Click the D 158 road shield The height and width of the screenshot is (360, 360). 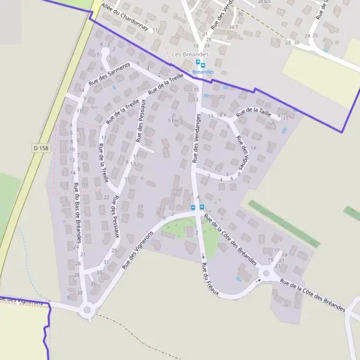[41, 148]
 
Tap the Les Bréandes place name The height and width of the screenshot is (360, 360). [185, 55]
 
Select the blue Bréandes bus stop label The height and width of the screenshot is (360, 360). [203, 71]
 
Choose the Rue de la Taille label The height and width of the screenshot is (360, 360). [254, 112]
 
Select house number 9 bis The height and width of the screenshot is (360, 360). [174, 120]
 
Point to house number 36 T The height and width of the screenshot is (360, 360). [233, 27]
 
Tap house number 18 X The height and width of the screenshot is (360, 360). [221, 115]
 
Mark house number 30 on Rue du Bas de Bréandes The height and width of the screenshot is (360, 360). [80, 293]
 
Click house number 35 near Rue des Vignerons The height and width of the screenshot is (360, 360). [93, 283]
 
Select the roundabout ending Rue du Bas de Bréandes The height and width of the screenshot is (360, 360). [88, 310]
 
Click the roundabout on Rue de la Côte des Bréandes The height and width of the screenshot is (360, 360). [265, 274]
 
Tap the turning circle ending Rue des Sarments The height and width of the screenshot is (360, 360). [106, 52]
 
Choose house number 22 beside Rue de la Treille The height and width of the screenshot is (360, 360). [106, 197]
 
